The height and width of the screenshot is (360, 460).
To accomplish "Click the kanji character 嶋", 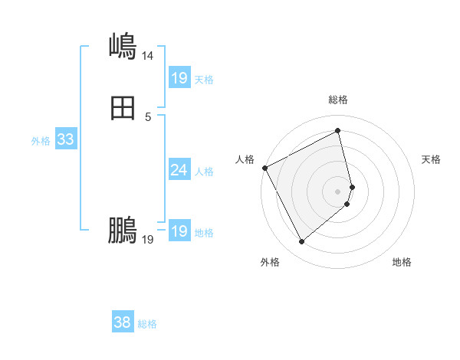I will click(x=123, y=46).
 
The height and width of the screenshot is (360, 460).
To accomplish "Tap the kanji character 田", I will click(x=123, y=110).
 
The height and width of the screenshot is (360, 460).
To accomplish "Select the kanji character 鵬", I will click(x=123, y=230).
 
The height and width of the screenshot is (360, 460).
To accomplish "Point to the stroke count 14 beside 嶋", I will click(x=147, y=55).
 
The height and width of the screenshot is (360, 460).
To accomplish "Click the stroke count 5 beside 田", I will click(x=148, y=117).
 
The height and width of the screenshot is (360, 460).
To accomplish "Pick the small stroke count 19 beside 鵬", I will click(x=148, y=240).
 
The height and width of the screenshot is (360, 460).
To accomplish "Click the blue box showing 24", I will click(x=179, y=170).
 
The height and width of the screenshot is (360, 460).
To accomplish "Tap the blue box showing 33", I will click(x=65, y=139).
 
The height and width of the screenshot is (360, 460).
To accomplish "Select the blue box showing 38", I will click(x=122, y=322).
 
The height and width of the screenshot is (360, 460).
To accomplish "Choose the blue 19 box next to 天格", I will click(x=179, y=77).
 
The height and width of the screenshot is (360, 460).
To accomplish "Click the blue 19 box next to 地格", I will click(x=179, y=231).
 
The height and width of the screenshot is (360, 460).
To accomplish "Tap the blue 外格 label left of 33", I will click(x=41, y=141).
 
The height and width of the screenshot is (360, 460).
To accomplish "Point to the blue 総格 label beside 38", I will click(x=147, y=324).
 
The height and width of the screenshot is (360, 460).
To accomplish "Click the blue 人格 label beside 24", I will click(x=205, y=172).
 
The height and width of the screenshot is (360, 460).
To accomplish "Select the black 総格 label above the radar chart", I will click(x=338, y=100).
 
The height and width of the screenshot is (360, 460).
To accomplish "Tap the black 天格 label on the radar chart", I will click(x=432, y=159).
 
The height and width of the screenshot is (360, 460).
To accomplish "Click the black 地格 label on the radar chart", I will click(x=402, y=262).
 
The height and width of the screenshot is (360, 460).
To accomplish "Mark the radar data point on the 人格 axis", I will click(x=264, y=168).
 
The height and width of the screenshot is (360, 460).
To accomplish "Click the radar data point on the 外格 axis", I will click(x=301, y=242).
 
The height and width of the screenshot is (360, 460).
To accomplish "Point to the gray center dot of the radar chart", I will click(x=338, y=191).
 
